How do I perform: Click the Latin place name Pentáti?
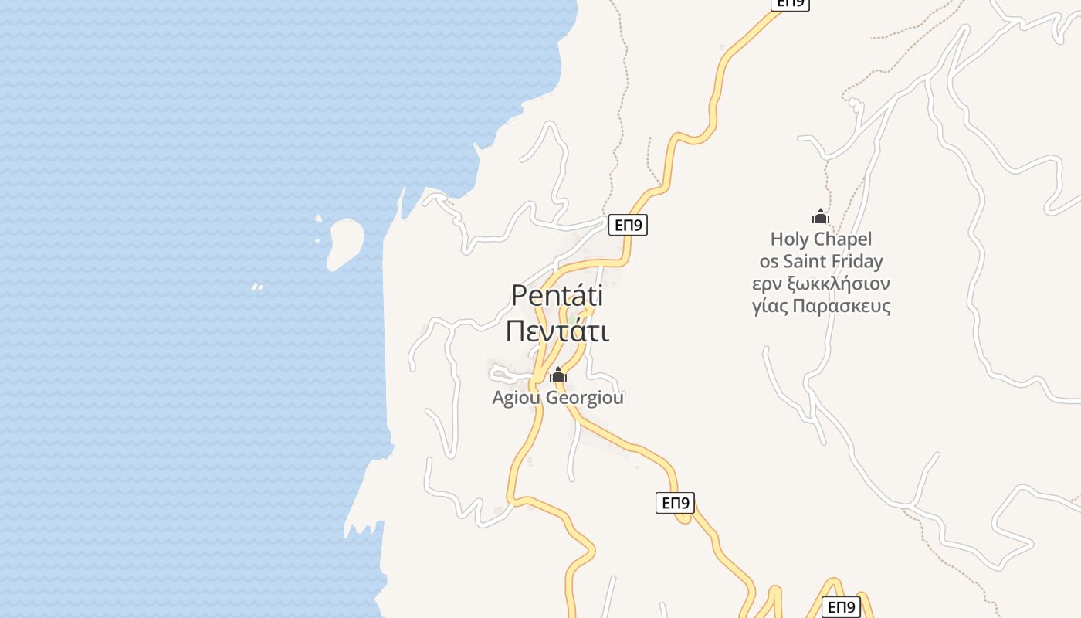557,295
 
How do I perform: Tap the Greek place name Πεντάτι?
557,331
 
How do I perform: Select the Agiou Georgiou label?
557,398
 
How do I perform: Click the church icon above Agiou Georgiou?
557,376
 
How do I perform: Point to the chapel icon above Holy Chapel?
820,217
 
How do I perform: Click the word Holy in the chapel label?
788,239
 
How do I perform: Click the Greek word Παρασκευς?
848,306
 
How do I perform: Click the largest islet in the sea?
344,243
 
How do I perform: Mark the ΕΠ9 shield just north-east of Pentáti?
627,225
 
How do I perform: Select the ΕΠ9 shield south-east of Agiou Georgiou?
675,503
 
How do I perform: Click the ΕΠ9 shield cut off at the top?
790,4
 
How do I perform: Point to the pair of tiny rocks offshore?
257,287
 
